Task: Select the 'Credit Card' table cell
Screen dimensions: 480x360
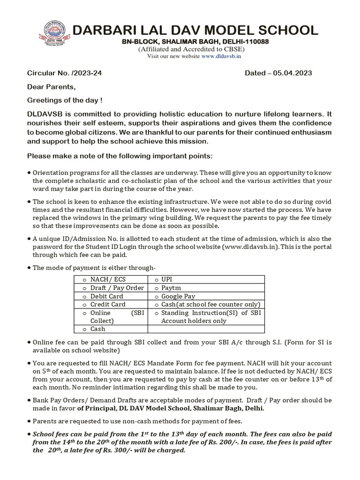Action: pos(108,305)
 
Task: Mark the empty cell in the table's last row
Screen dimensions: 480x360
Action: pos(206,330)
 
